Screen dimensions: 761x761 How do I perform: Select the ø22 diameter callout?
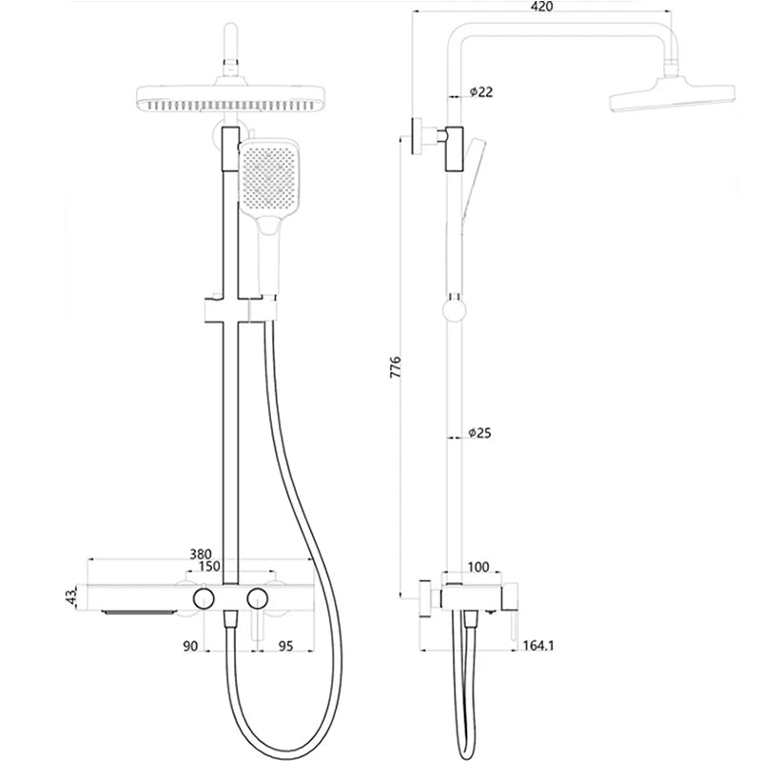click(480, 91)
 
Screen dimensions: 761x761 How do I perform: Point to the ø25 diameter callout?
click(480, 434)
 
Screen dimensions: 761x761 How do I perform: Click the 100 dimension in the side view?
click(478, 567)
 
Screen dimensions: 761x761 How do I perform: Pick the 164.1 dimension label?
click(537, 645)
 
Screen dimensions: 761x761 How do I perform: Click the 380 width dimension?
click(201, 552)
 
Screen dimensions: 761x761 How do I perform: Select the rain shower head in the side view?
click(670, 98)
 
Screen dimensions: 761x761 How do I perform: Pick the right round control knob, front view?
click(256, 598)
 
